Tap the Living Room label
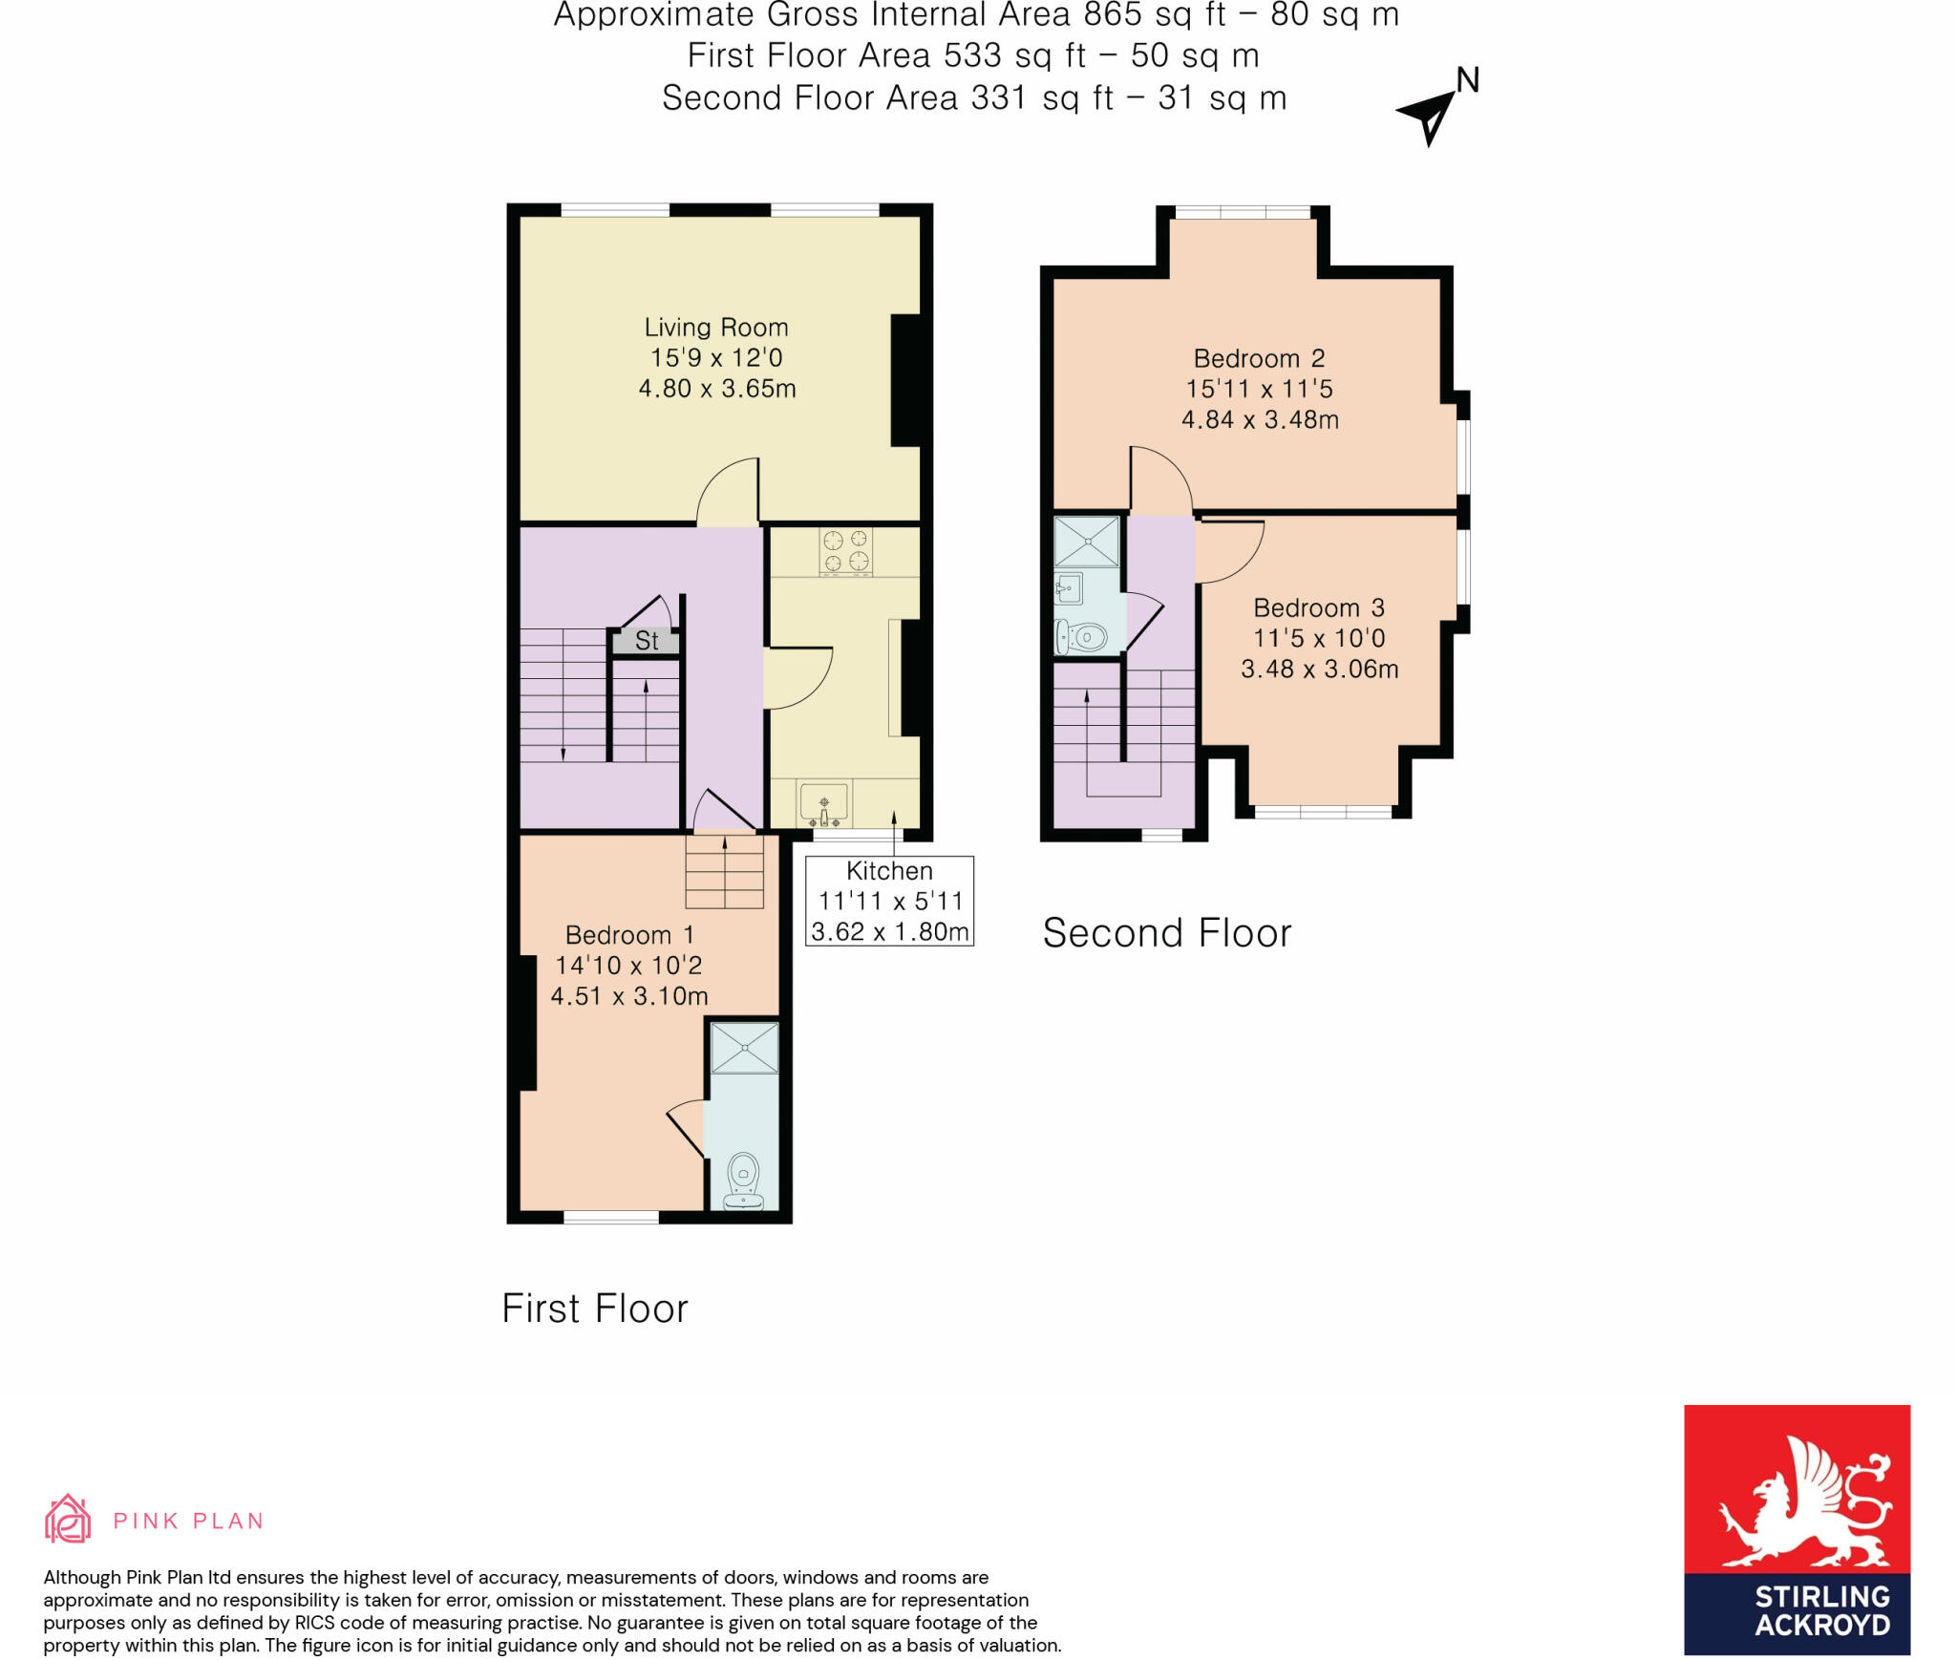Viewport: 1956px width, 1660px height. (x=716, y=328)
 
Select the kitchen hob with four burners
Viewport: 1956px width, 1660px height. (x=846, y=551)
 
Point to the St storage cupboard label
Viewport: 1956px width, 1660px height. (x=647, y=641)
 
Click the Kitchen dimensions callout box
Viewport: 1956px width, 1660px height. (x=889, y=901)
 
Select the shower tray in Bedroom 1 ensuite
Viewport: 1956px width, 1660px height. (x=745, y=1047)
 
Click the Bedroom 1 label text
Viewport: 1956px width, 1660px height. (x=629, y=935)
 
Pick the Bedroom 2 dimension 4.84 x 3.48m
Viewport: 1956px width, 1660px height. (x=1260, y=419)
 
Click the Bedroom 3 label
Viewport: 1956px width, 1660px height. (x=1319, y=607)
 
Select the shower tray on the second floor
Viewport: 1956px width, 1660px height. (x=1087, y=542)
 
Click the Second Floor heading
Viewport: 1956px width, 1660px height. (x=1166, y=933)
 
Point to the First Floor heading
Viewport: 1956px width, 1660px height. (x=594, y=1309)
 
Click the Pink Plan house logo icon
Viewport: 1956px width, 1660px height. (x=68, y=1519)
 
